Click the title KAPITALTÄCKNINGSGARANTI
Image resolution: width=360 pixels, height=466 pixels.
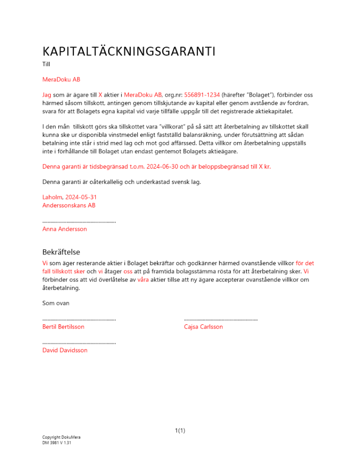click(x=129, y=51)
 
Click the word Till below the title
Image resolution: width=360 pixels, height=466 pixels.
click(x=46, y=64)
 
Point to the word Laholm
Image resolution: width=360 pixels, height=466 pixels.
click(x=53, y=198)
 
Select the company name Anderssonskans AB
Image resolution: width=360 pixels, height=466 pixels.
click(x=69, y=206)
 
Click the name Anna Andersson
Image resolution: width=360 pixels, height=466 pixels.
click(x=64, y=229)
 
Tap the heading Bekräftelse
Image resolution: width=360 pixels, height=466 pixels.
click(x=61, y=252)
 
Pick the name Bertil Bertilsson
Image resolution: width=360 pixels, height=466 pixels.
click(x=63, y=327)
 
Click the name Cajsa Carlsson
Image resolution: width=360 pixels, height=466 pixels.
click(x=203, y=327)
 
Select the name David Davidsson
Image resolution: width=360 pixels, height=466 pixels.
click(x=65, y=350)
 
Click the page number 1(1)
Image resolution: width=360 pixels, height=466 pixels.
click(x=180, y=431)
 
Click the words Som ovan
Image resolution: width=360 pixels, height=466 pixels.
click(x=56, y=303)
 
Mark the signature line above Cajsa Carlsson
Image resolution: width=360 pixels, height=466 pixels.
click(x=221, y=320)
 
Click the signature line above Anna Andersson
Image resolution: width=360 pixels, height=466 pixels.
click(x=79, y=222)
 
